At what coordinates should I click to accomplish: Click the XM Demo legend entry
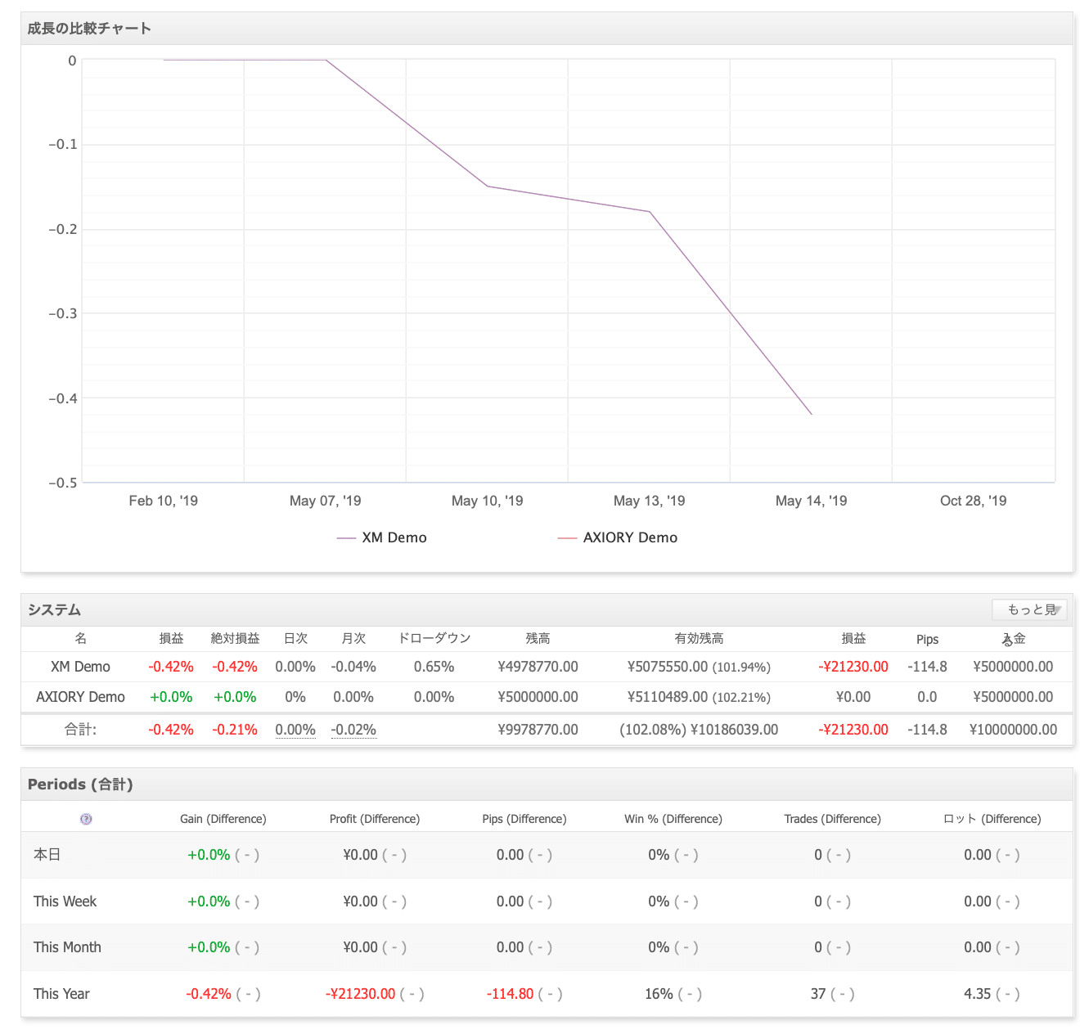(x=381, y=537)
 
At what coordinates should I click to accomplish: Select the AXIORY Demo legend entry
(x=617, y=537)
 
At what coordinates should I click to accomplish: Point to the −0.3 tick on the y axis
(x=63, y=313)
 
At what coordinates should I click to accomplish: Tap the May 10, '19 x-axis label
(x=487, y=501)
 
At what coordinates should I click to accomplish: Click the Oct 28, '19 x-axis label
(x=973, y=501)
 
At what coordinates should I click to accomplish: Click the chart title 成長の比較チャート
(x=89, y=29)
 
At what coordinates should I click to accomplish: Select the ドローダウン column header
(x=434, y=638)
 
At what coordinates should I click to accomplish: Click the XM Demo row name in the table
(x=80, y=666)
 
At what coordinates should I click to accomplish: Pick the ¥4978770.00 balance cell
(x=538, y=666)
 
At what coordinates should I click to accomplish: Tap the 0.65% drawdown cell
(x=434, y=666)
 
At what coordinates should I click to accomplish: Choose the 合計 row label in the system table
(x=80, y=729)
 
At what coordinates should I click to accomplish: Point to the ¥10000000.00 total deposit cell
(x=1013, y=729)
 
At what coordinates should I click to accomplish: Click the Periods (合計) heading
(x=80, y=784)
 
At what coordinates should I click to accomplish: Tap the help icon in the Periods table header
(x=86, y=819)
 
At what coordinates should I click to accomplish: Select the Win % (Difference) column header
(x=673, y=819)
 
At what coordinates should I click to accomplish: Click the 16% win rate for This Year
(x=659, y=994)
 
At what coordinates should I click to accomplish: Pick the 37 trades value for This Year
(x=818, y=994)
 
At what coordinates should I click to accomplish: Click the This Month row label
(x=67, y=947)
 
